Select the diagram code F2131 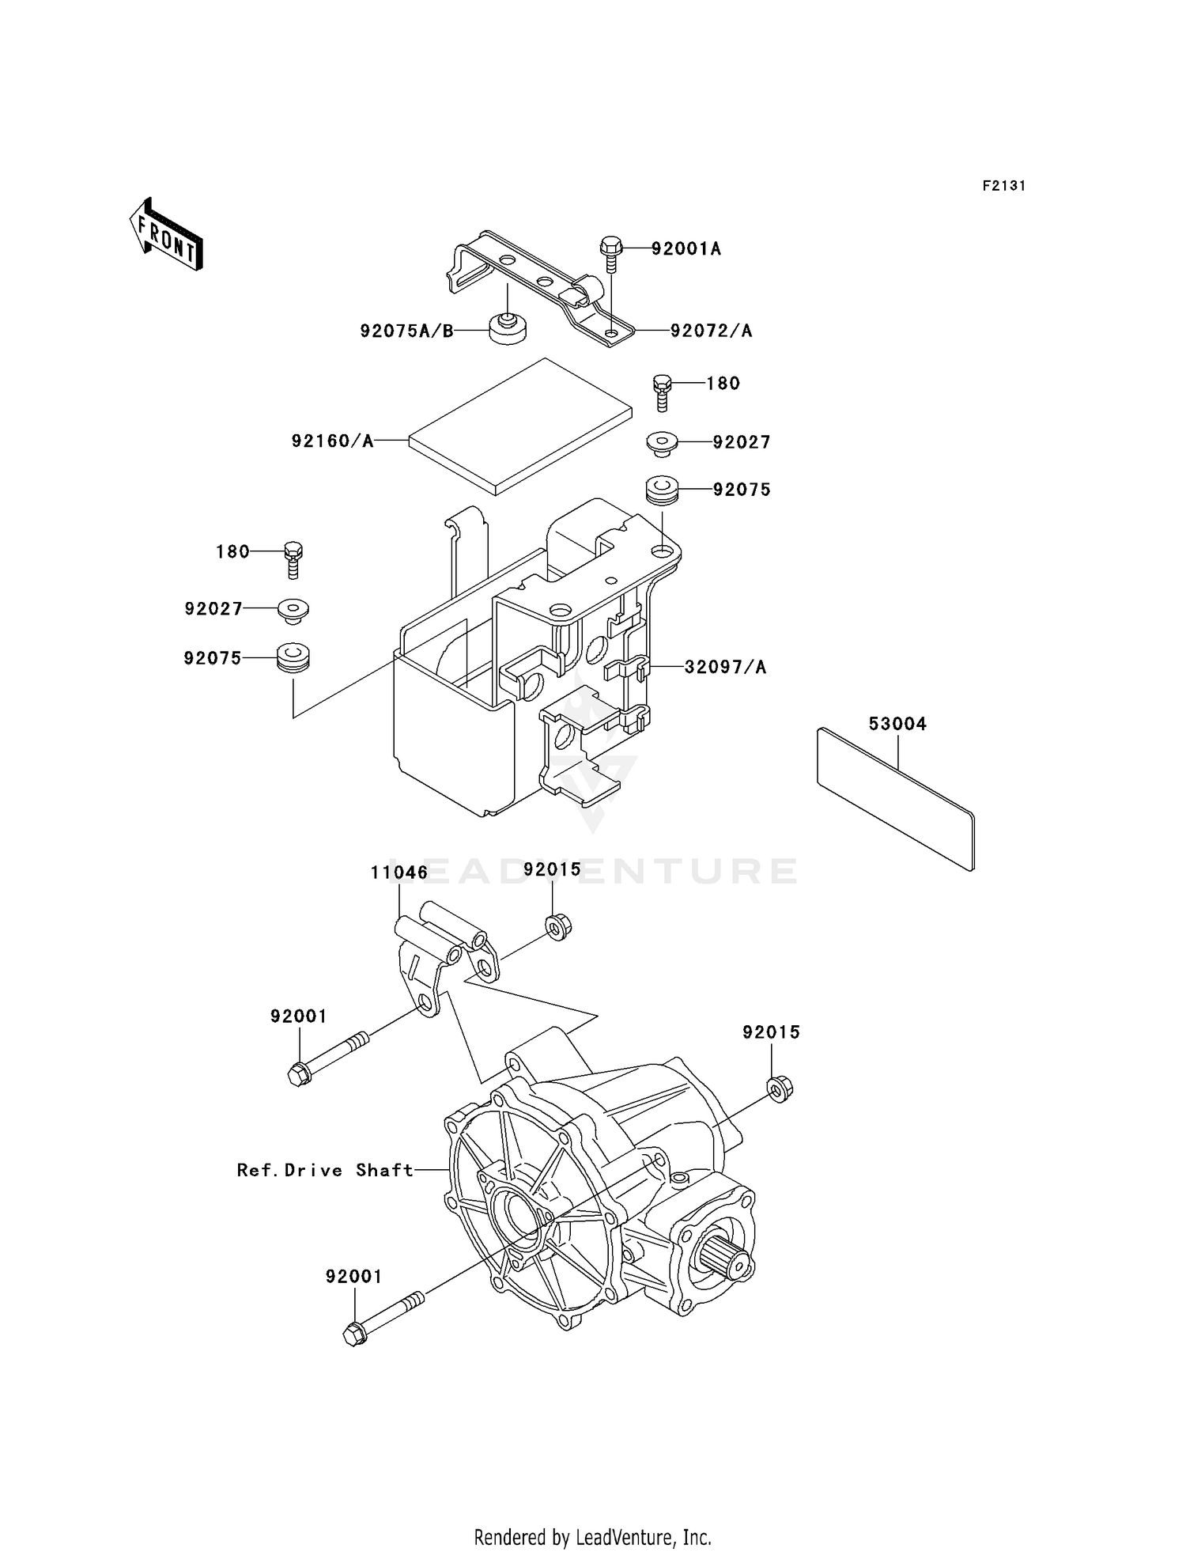click(1003, 186)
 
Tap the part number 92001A click(686, 249)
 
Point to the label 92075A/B click(406, 331)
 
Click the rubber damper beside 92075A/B click(508, 328)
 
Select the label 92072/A click(711, 331)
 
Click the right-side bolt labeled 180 click(662, 392)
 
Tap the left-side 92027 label click(213, 609)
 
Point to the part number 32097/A click(725, 668)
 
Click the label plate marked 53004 click(896, 799)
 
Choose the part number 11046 click(399, 873)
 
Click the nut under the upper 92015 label click(557, 926)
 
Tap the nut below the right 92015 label click(780, 1090)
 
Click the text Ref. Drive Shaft click(325, 1170)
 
